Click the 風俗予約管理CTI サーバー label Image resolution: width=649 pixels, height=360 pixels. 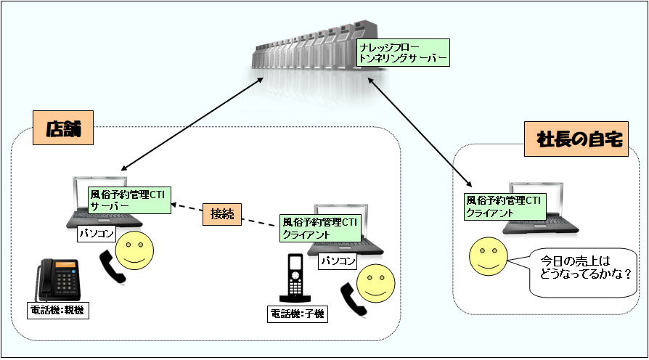click(128, 200)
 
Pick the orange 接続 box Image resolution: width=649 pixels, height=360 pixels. click(222, 213)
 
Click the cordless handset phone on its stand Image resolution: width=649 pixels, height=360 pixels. click(295, 278)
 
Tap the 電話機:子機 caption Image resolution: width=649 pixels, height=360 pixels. click(298, 314)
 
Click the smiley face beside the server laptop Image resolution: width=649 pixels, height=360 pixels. click(135, 251)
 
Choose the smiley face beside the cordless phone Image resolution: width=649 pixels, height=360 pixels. click(375, 283)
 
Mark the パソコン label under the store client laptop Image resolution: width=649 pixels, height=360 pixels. click(338, 261)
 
